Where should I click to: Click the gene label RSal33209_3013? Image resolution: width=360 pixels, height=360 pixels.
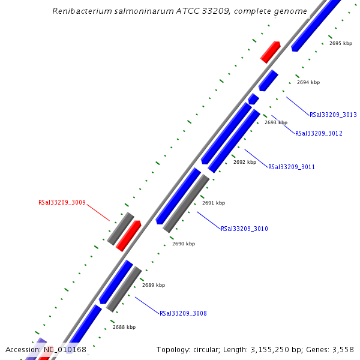coord(333,115)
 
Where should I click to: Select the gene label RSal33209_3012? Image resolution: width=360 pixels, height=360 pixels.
coord(319,133)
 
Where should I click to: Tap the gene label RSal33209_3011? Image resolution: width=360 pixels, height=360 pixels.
coord(291,167)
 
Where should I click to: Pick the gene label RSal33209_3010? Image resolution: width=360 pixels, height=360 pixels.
coord(244,229)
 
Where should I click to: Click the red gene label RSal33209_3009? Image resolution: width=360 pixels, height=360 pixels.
coord(62,203)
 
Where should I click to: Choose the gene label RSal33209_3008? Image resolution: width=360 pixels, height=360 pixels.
coord(183,313)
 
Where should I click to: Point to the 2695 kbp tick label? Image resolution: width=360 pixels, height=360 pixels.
coord(341,43)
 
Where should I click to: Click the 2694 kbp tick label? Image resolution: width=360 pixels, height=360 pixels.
coord(308,82)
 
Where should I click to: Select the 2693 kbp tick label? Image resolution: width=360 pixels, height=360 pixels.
coord(276,122)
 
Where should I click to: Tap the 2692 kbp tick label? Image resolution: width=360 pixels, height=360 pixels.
coord(245,162)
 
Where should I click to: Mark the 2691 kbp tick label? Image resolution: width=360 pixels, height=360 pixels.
coord(214,203)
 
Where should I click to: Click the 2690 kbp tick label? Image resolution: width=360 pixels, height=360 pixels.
coord(184,244)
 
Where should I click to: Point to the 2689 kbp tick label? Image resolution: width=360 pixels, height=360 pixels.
coord(154,285)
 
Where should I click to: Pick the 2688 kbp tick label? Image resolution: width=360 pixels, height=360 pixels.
coord(124,327)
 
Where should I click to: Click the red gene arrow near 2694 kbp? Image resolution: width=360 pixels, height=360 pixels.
coord(271,52)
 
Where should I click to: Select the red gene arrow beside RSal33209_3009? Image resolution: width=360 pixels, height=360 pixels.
coord(128,236)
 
